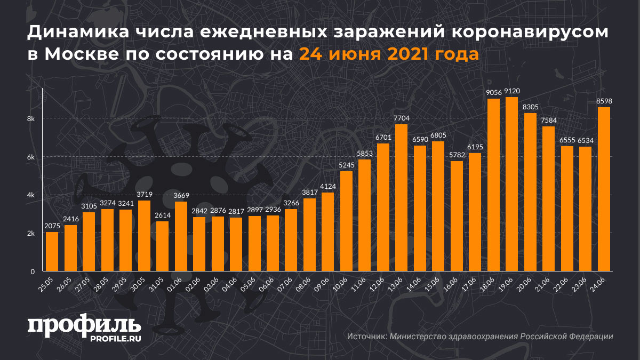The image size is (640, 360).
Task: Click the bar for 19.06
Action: click(x=512, y=184)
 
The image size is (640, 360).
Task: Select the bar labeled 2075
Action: click(x=52, y=252)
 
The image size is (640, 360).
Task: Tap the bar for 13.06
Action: click(x=402, y=198)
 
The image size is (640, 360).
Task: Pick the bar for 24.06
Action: click(x=604, y=189)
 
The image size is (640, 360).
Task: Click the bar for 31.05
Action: click(x=162, y=246)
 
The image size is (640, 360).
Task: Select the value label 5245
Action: click(x=346, y=164)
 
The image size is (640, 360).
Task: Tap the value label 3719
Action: click(x=144, y=194)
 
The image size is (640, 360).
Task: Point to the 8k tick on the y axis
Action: click(x=31, y=118)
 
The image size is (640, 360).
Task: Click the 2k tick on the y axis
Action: click(x=31, y=234)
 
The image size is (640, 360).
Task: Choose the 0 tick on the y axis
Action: click(x=32, y=271)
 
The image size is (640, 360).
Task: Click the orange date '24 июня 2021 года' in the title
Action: click(x=388, y=54)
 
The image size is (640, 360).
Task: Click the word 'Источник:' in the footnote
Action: click(x=367, y=337)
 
